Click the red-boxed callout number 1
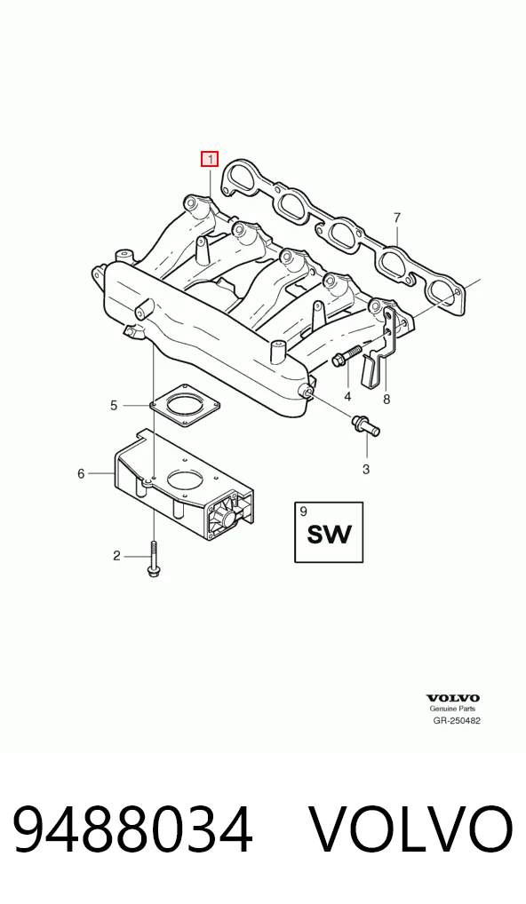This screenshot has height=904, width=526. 210,159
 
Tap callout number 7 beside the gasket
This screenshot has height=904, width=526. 397,218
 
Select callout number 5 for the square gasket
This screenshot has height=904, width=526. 114,405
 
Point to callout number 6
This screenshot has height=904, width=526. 81,473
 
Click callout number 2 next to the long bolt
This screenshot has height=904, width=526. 116,556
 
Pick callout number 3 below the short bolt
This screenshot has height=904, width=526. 366,469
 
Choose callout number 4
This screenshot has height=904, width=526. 347,397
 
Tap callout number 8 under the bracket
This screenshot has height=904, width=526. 387,399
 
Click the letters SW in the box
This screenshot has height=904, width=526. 329,535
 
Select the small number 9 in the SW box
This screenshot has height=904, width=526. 304,511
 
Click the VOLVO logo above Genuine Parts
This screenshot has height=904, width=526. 453,699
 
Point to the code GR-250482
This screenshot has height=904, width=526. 457,720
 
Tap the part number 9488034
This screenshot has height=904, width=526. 132,830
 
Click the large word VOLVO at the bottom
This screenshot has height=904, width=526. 410,830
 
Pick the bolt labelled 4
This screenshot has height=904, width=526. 346,354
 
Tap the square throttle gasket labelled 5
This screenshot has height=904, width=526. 185,407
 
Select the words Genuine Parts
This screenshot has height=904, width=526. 453,710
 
